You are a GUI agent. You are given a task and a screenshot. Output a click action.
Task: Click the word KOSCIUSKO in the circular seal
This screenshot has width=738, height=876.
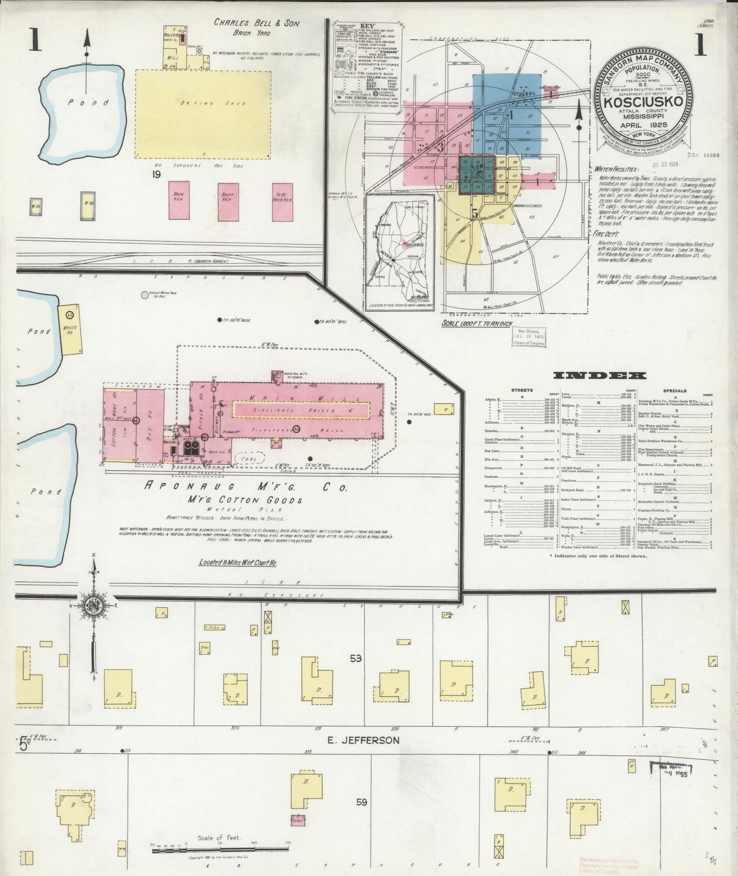pos(645,100)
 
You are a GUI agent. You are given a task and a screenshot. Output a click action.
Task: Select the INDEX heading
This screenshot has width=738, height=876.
pos(600,376)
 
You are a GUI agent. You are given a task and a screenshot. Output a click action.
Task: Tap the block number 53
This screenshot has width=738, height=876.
pos(356,659)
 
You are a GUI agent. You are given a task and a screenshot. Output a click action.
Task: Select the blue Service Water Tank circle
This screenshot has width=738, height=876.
pos(145,295)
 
